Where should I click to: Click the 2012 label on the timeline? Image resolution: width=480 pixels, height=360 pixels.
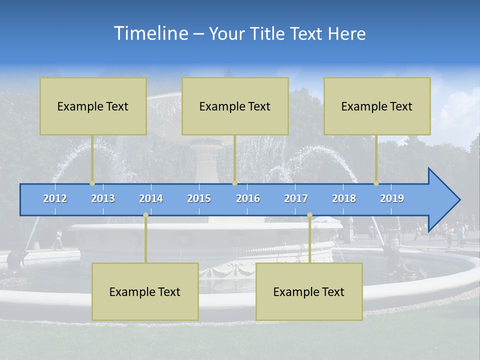click(55, 198)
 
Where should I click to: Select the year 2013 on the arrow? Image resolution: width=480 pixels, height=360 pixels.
click(103, 198)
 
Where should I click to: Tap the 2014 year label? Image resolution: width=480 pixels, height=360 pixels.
click(151, 198)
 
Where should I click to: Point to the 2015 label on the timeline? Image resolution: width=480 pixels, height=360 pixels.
click(199, 198)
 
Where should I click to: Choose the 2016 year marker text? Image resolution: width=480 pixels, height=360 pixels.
click(248, 198)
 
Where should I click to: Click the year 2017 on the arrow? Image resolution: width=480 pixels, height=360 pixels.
click(296, 198)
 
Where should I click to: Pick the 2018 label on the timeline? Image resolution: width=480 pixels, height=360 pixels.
click(344, 198)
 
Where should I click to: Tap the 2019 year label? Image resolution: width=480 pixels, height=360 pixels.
click(392, 198)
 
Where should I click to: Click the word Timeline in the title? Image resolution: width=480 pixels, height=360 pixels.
click(150, 33)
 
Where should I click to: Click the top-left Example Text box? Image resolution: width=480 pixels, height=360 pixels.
click(93, 106)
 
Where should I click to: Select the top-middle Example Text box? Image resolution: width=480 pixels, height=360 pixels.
click(235, 106)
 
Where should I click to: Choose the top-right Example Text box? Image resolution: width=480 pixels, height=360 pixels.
click(377, 106)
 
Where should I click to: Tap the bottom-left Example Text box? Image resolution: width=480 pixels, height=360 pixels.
click(145, 291)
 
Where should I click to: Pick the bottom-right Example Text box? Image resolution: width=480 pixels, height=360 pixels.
click(309, 291)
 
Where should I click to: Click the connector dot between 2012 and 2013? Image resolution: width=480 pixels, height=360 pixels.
click(92, 183)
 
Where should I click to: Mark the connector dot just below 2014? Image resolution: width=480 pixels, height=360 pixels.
click(145, 215)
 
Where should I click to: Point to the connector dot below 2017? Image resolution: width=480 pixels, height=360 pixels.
click(309, 215)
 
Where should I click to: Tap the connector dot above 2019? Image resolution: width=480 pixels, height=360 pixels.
click(376, 183)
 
